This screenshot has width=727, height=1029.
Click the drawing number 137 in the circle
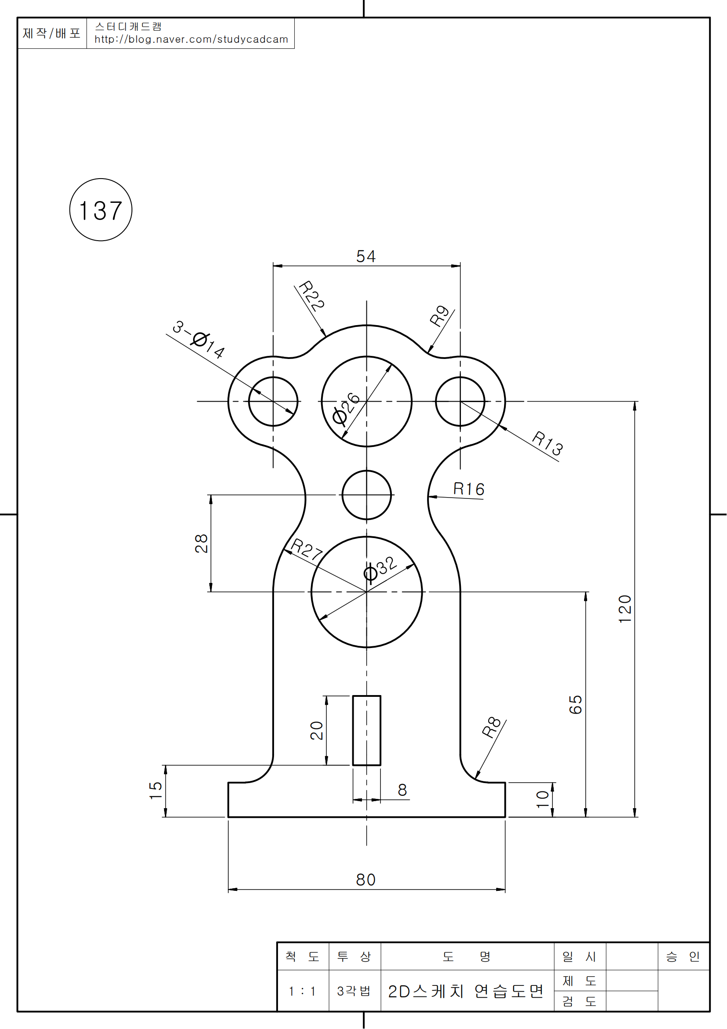pyautogui.click(x=101, y=210)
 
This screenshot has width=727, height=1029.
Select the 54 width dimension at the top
pyautogui.click(x=365, y=256)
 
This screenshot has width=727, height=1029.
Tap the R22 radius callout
pyautogui.click(x=312, y=295)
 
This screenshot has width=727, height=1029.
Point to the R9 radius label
pyautogui.click(x=439, y=315)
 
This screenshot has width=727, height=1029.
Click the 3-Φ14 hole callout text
pyautogui.click(x=198, y=340)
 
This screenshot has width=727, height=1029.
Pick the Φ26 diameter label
pyautogui.click(x=346, y=408)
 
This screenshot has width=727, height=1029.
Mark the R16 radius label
pyautogui.click(x=468, y=489)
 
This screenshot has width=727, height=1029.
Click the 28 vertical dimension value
pyautogui.click(x=201, y=543)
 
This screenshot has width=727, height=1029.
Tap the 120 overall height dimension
pyautogui.click(x=625, y=609)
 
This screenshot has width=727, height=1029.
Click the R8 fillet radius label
pyautogui.click(x=491, y=727)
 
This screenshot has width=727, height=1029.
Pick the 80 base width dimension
pyautogui.click(x=365, y=880)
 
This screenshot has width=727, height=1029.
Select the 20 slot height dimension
pyautogui.click(x=317, y=731)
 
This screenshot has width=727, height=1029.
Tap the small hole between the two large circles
pyautogui.click(x=366, y=495)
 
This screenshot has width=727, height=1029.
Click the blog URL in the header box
pyautogui.click(x=191, y=40)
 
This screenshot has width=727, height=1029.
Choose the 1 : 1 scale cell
pyautogui.click(x=302, y=991)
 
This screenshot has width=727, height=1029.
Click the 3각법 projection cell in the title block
pyautogui.click(x=354, y=991)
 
